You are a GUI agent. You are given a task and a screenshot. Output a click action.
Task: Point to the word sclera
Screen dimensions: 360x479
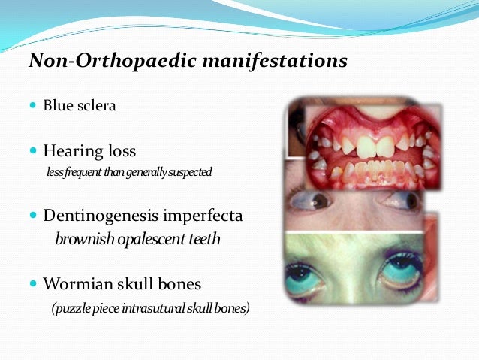(x=95, y=106)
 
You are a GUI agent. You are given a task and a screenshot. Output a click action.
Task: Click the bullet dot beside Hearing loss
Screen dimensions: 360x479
(x=33, y=152)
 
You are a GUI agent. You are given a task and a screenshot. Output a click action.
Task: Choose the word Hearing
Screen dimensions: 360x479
(x=72, y=152)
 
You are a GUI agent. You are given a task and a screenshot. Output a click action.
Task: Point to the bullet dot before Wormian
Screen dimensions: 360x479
(x=33, y=284)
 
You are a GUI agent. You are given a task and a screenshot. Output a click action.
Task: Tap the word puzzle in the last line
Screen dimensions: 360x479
(x=71, y=308)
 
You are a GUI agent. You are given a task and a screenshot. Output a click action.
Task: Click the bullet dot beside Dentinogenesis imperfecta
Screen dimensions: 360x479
(x=33, y=216)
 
